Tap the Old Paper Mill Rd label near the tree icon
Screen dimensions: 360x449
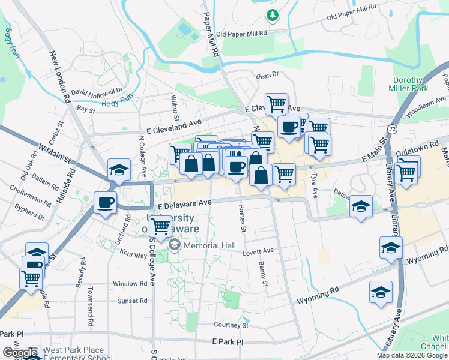(x=241, y=34)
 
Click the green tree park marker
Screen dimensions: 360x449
(x=273, y=14)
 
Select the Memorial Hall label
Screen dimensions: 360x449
(x=209, y=245)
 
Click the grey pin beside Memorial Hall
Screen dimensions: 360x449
(x=175, y=244)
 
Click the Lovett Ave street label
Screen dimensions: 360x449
(x=258, y=251)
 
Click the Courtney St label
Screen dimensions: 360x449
(x=231, y=325)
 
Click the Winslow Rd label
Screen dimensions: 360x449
(x=130, y=283)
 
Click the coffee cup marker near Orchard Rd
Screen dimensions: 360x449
(x=106, y=202)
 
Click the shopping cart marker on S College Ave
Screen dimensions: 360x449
(x=160, y=226)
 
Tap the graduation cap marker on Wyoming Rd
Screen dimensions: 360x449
(x=381, y=292)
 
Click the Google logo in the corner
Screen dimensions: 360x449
(x=19, y=353)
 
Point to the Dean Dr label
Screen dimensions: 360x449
(x=268, y=76)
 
